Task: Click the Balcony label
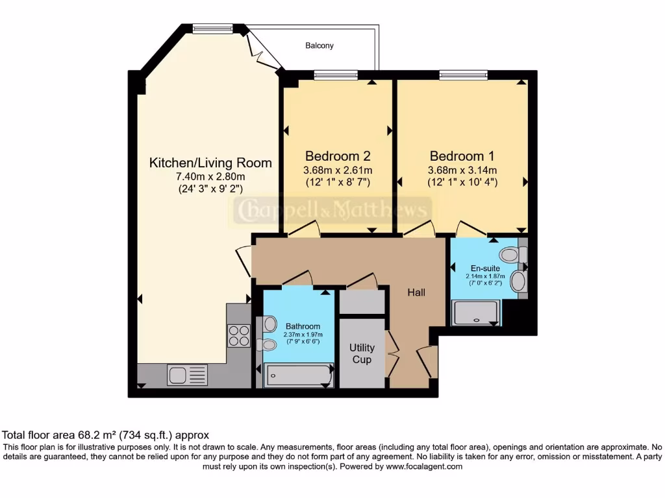320,46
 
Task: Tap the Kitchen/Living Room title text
210,162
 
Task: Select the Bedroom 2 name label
338,156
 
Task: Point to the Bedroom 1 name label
462,156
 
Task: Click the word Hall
416,293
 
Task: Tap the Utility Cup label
362,353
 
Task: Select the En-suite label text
485,268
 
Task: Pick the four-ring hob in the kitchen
238,335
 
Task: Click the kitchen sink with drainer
188,374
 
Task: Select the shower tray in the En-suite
477,313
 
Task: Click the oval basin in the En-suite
518,282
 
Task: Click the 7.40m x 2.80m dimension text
210,176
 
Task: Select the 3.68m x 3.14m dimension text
462,170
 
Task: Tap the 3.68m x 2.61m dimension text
338,170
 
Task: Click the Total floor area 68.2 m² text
106,435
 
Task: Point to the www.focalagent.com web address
423,466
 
